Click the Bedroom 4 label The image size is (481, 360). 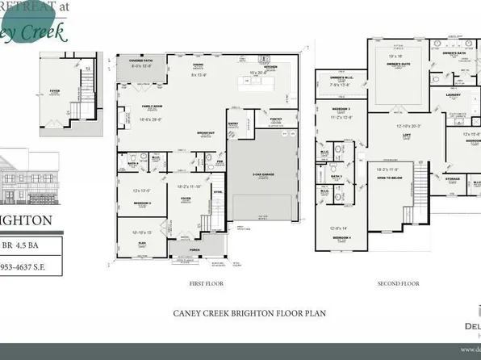(x=342, y=239)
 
